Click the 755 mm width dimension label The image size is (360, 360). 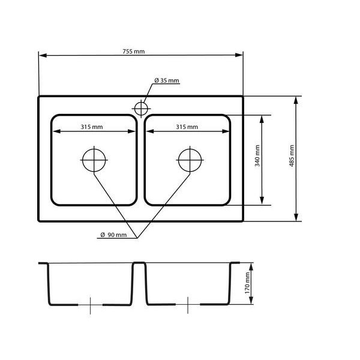[134, 52]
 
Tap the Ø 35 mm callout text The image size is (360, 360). [167, 80]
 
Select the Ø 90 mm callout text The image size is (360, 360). [113, 235]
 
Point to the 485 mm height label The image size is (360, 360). [292, 155]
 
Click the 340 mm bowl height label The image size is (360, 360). [257, 155]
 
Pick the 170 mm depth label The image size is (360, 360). [247, 283]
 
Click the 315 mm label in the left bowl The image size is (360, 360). [92, 127]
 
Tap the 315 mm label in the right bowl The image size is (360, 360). [187, 127]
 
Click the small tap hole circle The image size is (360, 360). [141, 109]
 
